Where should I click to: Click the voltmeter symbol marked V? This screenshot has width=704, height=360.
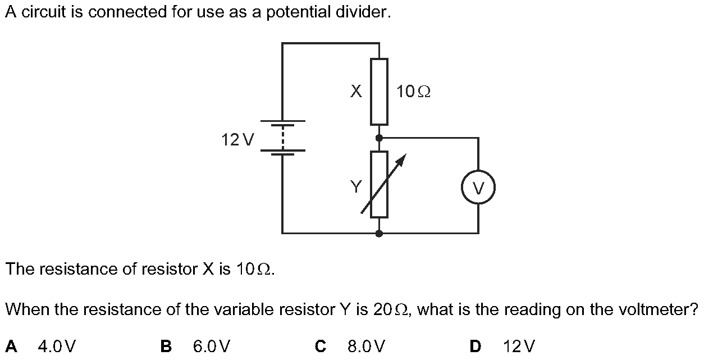(x=478, y=187)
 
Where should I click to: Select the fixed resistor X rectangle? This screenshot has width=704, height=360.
(x=379, y=92)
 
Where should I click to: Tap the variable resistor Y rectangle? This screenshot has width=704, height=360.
(x=379, y=184)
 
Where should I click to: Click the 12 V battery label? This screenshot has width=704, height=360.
(x=238, y=139)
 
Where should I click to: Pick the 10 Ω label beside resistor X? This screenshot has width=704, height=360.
(x=413, y=92)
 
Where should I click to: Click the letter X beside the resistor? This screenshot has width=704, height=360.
(x=356, y=92)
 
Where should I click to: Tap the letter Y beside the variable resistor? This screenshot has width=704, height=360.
(x=356, y=186)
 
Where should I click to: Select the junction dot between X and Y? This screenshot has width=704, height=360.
(x=379, y=138)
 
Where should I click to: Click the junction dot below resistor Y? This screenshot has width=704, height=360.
(x=379, y=233)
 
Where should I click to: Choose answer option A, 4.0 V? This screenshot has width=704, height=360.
(x=57, y=346)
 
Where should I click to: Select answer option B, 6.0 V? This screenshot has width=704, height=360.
(x=211, y=346)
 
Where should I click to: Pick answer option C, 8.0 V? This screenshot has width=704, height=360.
(x=366, y=346)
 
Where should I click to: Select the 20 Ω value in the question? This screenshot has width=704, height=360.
(x=391, y=309)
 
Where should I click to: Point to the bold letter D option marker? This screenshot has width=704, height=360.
(x=475, y=346)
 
